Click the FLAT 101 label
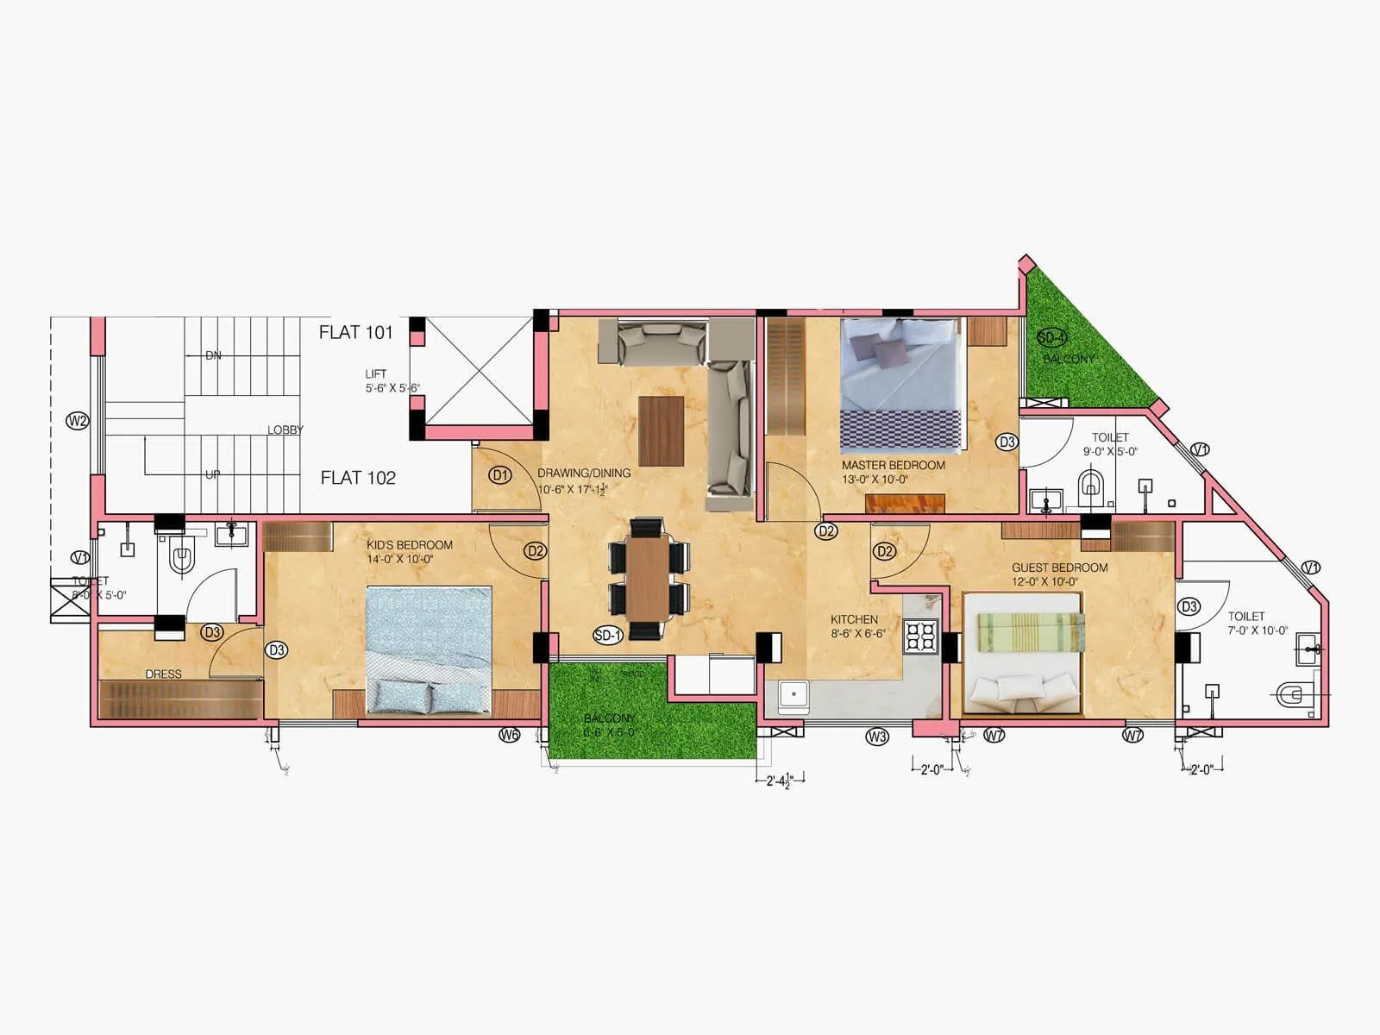[355, 332]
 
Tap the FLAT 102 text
[358, 478]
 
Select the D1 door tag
[500, 475]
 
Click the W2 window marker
[78, 421]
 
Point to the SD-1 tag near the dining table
[607, 636]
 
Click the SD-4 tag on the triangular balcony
[1051, 337]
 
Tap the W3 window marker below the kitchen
[876, 737]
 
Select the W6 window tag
[510, 735]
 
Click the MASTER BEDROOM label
[893, 465]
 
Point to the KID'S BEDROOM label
[409, 545]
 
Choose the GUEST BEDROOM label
[1059, 568]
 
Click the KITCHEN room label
[854, 619]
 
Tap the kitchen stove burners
[920, 636]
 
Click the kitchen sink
[793, 693]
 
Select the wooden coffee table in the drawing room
[661, 430]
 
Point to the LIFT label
[375, 374]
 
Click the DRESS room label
[163, 674]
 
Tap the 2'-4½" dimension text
[779, 781]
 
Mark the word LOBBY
[285, 430]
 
